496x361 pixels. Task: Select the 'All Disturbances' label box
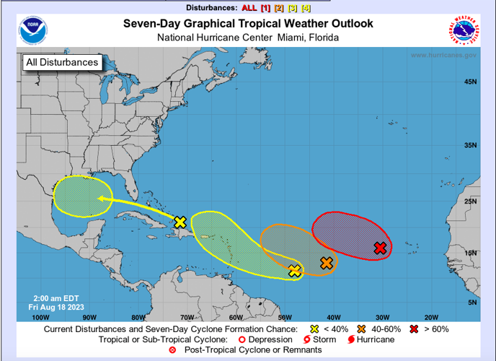pyautogui.click(x=61, y=63)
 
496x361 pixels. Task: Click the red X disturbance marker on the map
pyautogui.click(x=381, y=248)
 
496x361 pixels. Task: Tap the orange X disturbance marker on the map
pyautogui.click(x=327, y=264)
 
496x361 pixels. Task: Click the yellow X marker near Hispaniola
pyautogui.click(x=180, y=222)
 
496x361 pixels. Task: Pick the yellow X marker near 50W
pyautogui.click(x=294, y=271)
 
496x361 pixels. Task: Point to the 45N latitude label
pyautogui.click(x=470, y=82)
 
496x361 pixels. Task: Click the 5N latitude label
pyautogui.click(x=472, y=303)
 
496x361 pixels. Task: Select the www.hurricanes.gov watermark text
pyautogui.click(x=443, y=56)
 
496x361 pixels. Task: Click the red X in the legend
pyautogui.click(x=414, y=329)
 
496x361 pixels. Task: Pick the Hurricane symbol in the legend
pyautogui.click(x=351, y=339)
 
